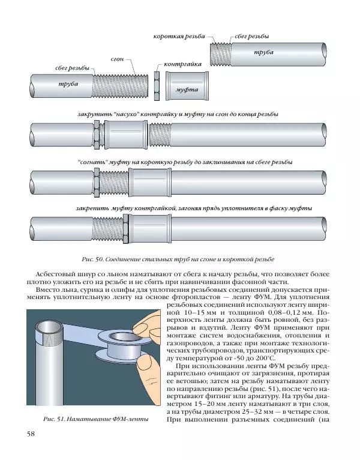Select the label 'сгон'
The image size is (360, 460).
118,59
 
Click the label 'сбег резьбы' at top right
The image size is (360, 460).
252,37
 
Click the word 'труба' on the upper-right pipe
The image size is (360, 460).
264,52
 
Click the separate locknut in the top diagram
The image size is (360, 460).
156,87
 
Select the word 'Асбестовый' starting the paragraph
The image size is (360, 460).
58,274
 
